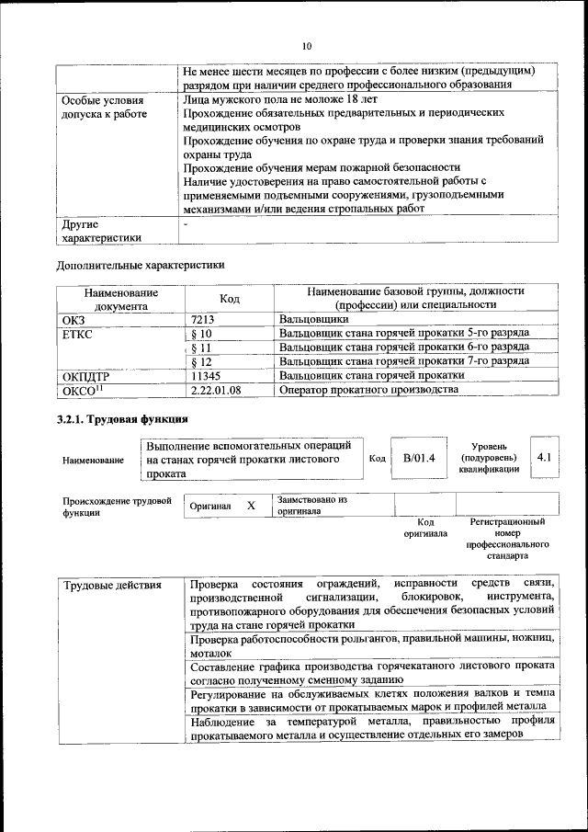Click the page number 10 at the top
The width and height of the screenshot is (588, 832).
307,45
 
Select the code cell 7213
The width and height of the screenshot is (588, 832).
203,319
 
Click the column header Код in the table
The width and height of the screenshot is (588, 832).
230,299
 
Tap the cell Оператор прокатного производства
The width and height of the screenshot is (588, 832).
367,390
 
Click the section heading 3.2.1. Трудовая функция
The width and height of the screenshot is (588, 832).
117,420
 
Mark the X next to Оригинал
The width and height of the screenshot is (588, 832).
251,507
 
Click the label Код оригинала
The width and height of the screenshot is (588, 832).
424,527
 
